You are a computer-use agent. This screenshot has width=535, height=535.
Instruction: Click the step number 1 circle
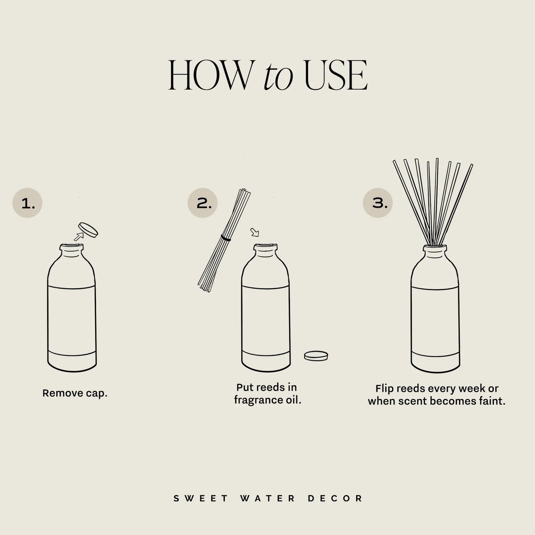[x=27, y=203]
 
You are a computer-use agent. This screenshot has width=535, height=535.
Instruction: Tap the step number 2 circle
[x=203, y=203]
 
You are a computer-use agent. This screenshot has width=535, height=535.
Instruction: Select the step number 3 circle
[x=378, y=203]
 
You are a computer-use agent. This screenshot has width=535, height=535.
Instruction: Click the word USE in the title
[x=335, y=76]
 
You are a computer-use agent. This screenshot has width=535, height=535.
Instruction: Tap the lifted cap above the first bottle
[x=88, y=230]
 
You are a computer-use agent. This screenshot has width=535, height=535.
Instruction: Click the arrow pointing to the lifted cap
[x=78, y=236]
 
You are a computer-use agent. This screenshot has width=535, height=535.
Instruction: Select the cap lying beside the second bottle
[x=316, y=356]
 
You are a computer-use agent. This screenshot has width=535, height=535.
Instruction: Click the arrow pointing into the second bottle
[x=255, y=232]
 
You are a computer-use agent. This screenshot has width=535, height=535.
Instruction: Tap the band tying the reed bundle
[x=225, y=238]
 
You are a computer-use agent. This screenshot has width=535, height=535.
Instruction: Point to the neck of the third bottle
[x=435, y=250]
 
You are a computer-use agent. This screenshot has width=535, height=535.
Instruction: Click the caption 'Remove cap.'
[x=75, y=393]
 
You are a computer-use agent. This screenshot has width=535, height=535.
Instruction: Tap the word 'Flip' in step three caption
[x=384, y=388]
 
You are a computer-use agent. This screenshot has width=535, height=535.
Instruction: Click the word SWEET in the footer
[x=201, y=498]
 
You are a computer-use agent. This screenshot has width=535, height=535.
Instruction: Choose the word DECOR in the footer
[x=335, y=498]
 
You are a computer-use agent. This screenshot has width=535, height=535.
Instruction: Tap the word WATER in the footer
[x=268, y=498]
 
